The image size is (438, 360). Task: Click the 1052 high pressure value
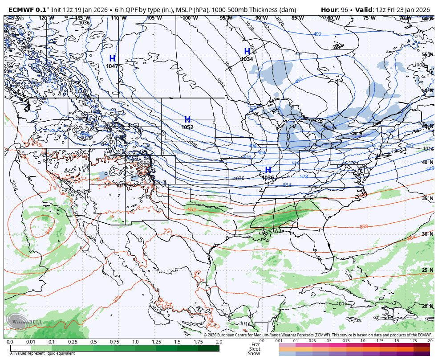point(187,127)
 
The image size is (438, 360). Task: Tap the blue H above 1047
point(112,59)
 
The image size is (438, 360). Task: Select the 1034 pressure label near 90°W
point(247,59)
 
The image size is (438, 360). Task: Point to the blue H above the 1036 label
point(268,170)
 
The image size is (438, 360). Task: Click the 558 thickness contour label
point(364,227)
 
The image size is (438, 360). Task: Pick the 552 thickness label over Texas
point(192,209)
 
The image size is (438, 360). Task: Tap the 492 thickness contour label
point(317,34)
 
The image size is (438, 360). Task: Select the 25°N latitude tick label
point(427,270)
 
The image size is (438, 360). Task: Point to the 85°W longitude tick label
point(298,18)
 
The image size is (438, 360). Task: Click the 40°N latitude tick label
point(427,162)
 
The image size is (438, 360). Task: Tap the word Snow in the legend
point(254,354)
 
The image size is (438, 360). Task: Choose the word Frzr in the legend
point(255,344)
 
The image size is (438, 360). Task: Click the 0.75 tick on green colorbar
point(114,342)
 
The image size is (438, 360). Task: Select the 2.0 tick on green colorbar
point(219,342)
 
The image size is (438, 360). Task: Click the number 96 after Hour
point(345,9)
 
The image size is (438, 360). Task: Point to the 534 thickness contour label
point(287,185)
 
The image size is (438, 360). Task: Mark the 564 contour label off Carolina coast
point(411,238)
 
